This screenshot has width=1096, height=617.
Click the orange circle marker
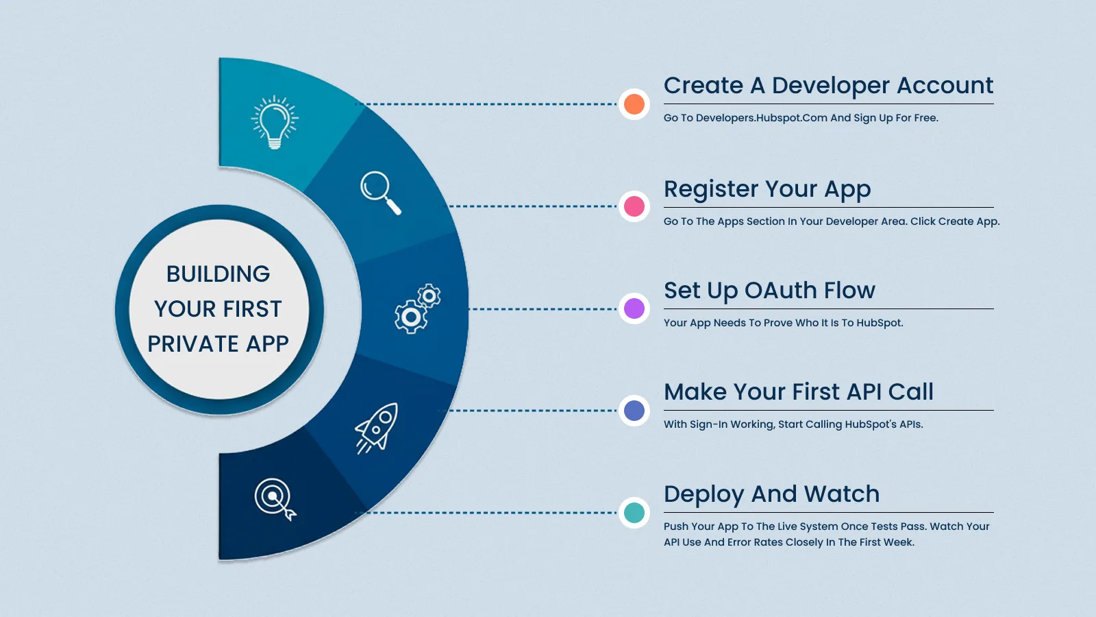[634, 104]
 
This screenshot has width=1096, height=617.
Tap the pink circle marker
[634, 206]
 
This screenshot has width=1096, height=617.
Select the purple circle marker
[634, 308]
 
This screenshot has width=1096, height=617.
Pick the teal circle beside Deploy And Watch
[634, 512]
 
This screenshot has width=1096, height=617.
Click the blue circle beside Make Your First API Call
[634, 411]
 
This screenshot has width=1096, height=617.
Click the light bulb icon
[274, 122]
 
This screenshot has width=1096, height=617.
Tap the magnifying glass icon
[380, 193]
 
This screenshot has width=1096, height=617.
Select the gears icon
[417, 308]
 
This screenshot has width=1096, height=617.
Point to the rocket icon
[377, 428]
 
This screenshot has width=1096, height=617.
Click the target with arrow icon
[275, 498]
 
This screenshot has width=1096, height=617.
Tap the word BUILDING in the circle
[218, 274]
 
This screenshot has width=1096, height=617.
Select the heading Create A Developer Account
[827, 86]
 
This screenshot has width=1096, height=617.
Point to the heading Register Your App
[767, 189]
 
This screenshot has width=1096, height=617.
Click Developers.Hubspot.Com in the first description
[761, 118]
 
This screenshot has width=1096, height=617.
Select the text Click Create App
[954, 221]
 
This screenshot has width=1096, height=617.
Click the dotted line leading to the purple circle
[541, 309]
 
